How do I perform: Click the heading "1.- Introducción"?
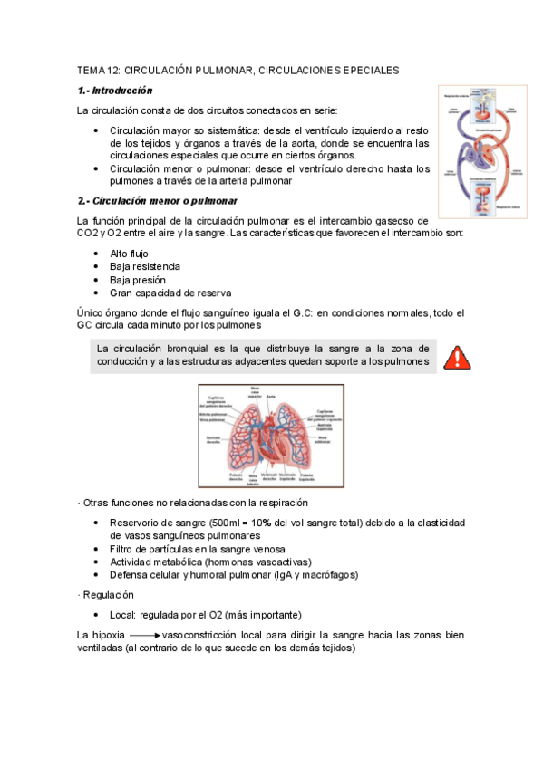coord(115,91)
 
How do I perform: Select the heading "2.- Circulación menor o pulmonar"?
coord(158,200)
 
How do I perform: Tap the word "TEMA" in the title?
coord(92,70)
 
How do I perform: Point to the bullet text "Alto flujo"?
coord(129,254)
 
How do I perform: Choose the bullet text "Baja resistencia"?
coord(145,266)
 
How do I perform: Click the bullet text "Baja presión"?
coord(137,280)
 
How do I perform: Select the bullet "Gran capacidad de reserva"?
coord(170,293)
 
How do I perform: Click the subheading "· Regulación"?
coord(106,595)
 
